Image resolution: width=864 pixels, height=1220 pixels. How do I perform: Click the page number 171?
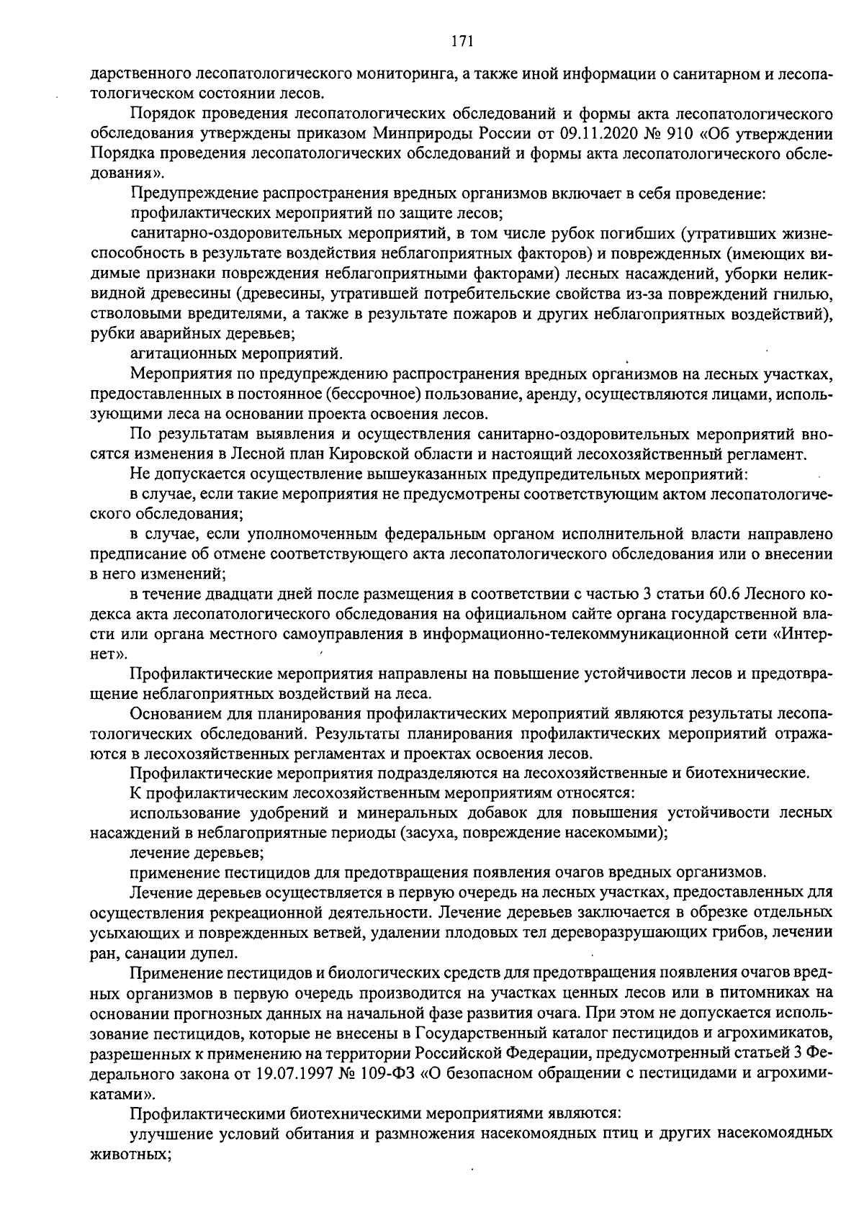(462, 42)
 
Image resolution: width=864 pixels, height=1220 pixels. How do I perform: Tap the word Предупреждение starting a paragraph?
(189, 193)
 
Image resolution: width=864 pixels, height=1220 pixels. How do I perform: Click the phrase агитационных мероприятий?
(234, 353)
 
